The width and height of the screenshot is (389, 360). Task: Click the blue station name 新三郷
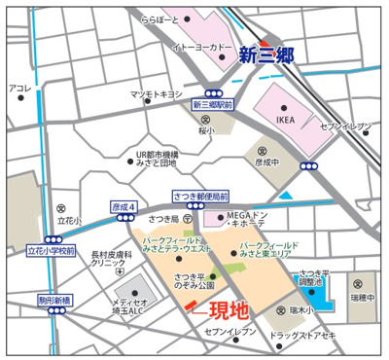tap(265, 55)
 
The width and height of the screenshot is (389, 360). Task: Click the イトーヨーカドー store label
tap(200, 47)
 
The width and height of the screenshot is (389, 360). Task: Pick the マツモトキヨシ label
tap(158, 94)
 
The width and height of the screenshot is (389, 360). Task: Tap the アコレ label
tap(20, 89)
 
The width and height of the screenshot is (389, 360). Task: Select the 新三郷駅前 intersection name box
tap(214, 105)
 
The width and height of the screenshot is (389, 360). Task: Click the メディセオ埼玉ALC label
tap(129, 307)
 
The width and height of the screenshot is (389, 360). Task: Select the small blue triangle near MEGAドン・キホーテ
tap(284, 196)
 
